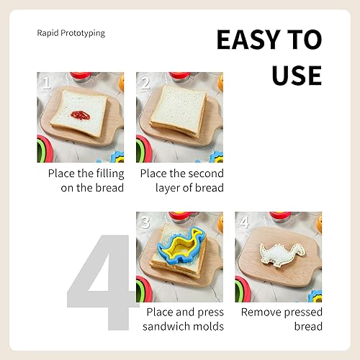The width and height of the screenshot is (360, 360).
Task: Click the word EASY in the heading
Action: click(x=243, y=40)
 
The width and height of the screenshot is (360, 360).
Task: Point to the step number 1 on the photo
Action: click(x=45, y=83)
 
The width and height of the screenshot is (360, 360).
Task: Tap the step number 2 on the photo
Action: click(x=145, y=83)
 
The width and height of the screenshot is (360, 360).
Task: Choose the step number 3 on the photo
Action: click(x=145, y=222)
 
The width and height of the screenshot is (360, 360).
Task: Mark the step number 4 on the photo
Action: click(x=245, y=222)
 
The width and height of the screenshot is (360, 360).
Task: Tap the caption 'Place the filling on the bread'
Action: click(x=86, y=181)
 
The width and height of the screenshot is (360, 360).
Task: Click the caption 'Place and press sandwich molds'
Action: click(x=185, y=319)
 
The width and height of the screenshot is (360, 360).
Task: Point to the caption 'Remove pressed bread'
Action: click(x=282, y=319)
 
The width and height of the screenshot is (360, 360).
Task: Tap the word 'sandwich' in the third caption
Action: click(x=169, y=327)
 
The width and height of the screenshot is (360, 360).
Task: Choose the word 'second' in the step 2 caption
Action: click(x=206, y=174)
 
